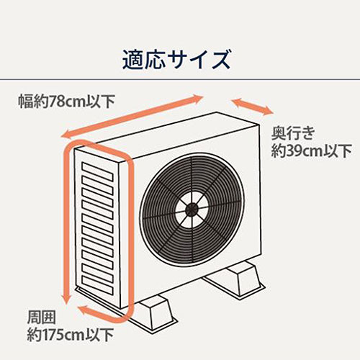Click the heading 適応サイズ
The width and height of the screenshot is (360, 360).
(x=176, y=60)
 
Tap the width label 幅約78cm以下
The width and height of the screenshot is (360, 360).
(x=67, y=102)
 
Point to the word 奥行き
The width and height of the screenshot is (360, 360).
(x=293, y=133)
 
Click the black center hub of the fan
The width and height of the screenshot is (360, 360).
(x=192, y=210)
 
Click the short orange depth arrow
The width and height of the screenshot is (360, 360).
(x=252, y=107)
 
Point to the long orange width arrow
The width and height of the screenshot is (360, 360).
(x=132, y=117)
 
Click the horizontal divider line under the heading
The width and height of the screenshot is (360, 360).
(x=180, y=79)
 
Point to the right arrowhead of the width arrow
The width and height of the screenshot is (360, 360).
(x=197, y=98)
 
